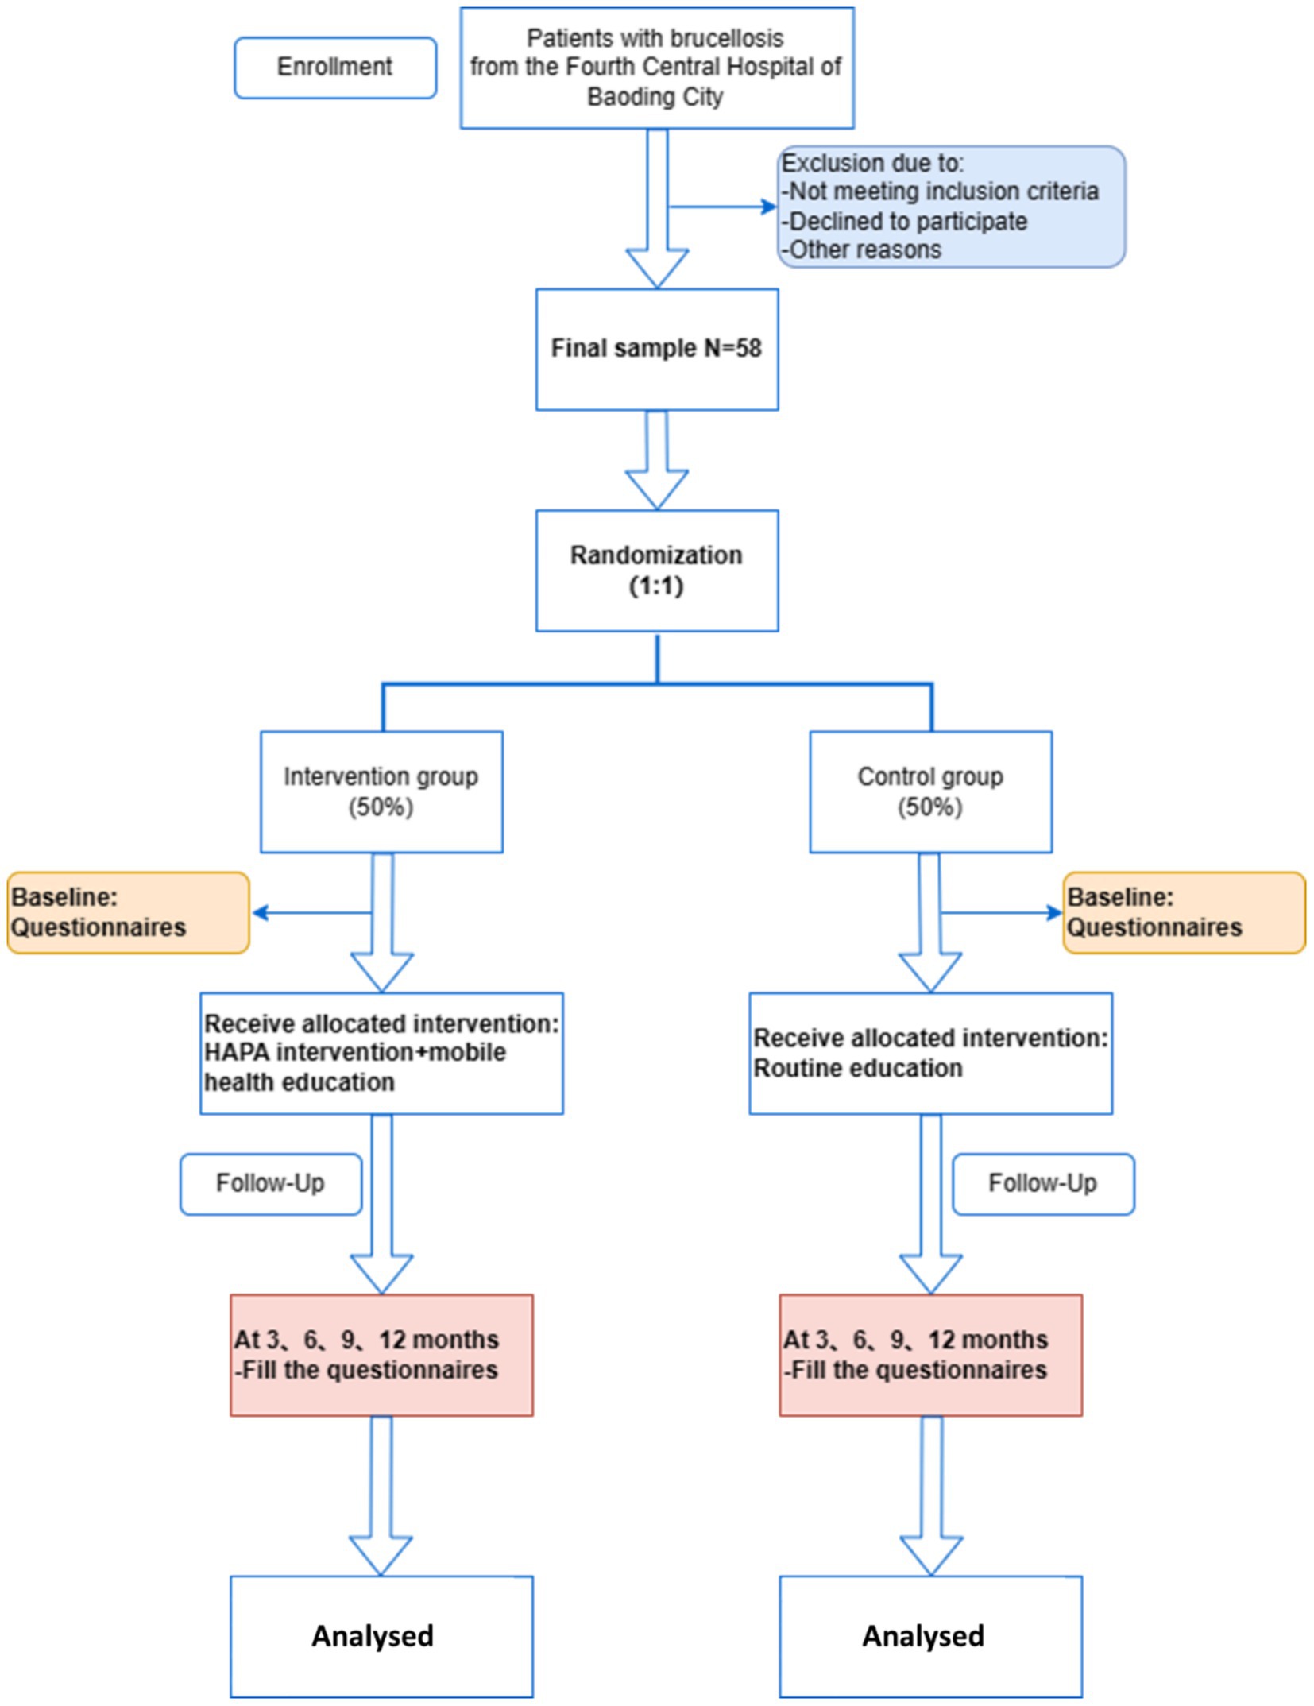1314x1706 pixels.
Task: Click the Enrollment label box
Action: [334, 68]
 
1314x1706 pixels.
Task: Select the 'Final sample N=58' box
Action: [656, 349]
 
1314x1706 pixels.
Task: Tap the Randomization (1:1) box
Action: [656, 571]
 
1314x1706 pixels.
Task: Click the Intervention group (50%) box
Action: [381, 791]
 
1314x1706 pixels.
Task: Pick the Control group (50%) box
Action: [930, 791]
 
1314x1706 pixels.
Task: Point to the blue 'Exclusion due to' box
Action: [950, 207]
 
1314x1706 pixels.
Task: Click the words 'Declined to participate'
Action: [907, 221]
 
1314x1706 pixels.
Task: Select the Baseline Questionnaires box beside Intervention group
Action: [128, 912]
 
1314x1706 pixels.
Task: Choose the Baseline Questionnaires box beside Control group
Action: [1184, 912]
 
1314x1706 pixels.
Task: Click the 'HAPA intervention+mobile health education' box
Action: [381, 1053]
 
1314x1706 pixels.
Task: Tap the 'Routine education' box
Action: [930, 1053]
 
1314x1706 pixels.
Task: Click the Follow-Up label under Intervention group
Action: [271, 1183]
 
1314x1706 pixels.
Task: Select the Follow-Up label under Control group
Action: [1043, 1183]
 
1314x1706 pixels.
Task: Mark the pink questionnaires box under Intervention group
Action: [381, 1355]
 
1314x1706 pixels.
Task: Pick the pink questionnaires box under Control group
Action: [930, 1355]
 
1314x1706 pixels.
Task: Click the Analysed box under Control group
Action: [930, 1636]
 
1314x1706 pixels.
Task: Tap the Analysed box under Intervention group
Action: [381, 1636]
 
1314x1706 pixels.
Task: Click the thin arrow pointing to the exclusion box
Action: [723, 207]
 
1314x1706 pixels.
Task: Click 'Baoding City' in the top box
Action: [655, 97]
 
